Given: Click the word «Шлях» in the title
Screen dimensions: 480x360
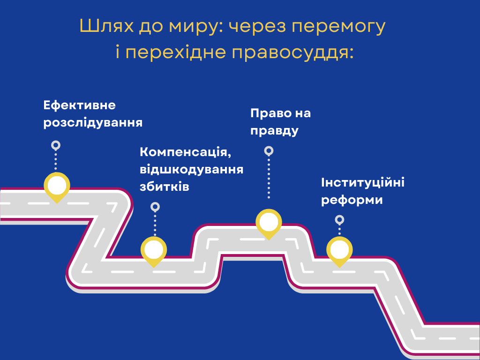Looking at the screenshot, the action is pos(106,26).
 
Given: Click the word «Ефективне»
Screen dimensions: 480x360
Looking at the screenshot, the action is pos(80,105).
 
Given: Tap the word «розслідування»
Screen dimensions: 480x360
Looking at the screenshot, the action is pos(93,123).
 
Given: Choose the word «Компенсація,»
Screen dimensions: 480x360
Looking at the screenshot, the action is pos(186,152).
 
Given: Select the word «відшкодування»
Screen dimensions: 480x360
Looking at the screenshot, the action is pos(192,170).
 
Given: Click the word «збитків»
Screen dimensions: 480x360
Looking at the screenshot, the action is pos(165,187).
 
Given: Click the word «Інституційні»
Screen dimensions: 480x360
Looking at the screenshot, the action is pos(363,183).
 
